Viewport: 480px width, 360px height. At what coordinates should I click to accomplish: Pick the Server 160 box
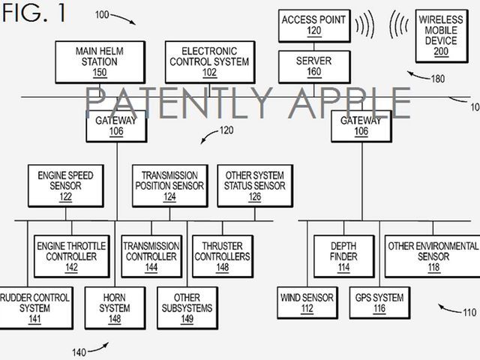click(x=313, y=67)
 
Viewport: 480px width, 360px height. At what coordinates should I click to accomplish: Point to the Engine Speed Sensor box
click(x=65, y=186)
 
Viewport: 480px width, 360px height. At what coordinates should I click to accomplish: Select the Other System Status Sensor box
click(x=255, y=186)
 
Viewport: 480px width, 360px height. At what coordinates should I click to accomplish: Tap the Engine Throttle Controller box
click(x=71, y=256)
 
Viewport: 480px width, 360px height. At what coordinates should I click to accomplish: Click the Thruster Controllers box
click(x=223, y=256)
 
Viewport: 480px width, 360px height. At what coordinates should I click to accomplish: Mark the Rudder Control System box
click(x=34, y=307)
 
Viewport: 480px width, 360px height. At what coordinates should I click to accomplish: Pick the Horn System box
click(x=115, y=307)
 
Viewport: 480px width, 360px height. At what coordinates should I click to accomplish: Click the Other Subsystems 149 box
click(x=187, y=307)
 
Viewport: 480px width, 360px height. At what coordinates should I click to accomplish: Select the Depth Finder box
click(x=344, y=256)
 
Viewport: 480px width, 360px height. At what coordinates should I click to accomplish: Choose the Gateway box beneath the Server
click(x=361, y=125)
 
